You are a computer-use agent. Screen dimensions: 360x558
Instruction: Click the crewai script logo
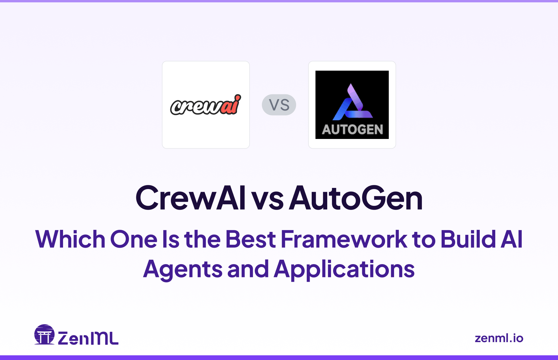coord(205,105)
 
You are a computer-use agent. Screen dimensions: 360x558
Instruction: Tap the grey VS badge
coord(279,105)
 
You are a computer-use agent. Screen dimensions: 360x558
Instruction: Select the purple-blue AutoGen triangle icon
coord(352,102)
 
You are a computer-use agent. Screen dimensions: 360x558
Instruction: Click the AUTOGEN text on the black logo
coord(352,130)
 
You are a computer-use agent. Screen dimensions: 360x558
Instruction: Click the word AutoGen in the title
coord(356,198)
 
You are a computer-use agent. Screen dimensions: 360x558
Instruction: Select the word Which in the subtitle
coord(70,239)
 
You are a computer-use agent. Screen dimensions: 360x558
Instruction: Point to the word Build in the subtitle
coord(468,239)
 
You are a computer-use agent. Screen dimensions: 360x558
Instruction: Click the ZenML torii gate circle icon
coord(45,334)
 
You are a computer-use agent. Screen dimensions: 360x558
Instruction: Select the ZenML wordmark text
coord(88,338)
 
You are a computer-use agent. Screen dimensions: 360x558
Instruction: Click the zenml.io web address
coord(499,338)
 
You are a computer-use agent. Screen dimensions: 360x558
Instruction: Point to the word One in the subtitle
coord(134,239)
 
